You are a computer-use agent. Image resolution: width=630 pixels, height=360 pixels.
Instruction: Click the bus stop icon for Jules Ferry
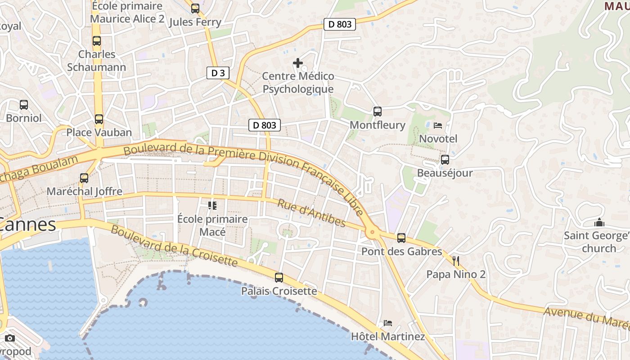coord(195,9)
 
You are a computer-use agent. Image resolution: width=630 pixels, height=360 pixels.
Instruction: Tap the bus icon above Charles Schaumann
coord(97,41)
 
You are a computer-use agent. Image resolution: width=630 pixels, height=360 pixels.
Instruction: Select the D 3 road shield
coord(218,73)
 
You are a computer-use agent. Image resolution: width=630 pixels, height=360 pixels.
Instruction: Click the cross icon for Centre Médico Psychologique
coord(298,63)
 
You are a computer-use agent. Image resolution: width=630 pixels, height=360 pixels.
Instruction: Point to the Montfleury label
coord(377,125)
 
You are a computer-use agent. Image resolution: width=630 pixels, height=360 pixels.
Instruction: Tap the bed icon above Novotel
coord(438,126)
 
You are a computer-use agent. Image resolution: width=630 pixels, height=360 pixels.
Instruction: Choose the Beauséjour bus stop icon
coord(445,160)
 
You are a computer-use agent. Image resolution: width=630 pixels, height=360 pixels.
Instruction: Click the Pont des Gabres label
coord(402,251)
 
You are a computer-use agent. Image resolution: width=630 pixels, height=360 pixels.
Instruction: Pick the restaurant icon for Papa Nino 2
coord(456,261)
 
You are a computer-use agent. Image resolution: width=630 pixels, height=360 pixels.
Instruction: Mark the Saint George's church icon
coord(599,223)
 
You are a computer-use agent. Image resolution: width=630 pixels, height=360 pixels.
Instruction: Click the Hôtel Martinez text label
coord(387,336)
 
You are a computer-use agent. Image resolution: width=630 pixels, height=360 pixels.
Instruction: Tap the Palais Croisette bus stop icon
coord(279,278)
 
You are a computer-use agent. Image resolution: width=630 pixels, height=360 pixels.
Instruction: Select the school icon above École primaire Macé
coord(212,206)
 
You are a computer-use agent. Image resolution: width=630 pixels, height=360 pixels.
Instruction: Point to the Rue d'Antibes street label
coord(311,213)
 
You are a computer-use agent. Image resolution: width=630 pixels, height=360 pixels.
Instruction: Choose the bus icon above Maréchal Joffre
coord(84,178)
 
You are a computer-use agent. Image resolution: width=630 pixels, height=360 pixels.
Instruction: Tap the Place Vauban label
coord(99,132)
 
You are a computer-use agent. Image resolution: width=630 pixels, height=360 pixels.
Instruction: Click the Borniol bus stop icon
coord(24,105)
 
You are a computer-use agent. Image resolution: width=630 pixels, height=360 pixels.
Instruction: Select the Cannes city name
coord(28,224)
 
